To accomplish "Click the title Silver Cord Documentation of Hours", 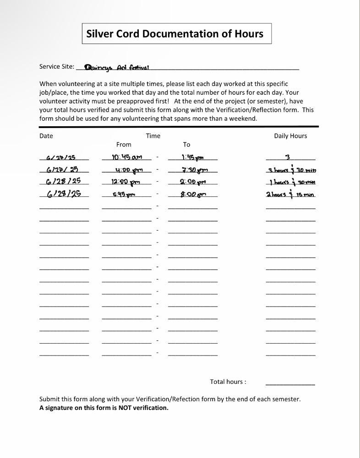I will [175, 34].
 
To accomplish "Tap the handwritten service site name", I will [117, 68].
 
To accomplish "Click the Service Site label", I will [57, 66].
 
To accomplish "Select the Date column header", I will [46, 136].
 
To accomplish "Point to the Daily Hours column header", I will [290, 136].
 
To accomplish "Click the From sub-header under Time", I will [124, 145].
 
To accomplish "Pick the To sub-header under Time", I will [186, 145].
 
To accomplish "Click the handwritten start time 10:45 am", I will [127, 157].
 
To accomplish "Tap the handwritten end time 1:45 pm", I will [192, 157].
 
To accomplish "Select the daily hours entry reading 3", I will [288, 157].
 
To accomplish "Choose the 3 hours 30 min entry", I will [292, 170].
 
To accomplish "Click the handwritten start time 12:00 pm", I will [125, 182].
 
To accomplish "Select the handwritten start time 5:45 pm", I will [124, 194].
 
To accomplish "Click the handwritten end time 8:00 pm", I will [193, 194].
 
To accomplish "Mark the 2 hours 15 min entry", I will [290, 194].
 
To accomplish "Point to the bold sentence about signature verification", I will [104, 408].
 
